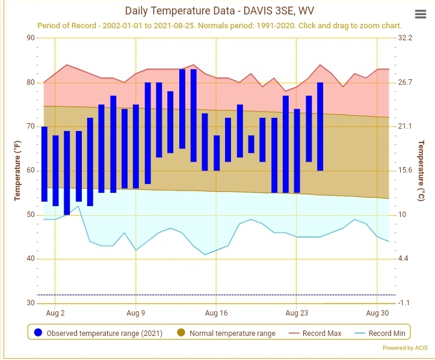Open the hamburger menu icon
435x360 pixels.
[421, 14]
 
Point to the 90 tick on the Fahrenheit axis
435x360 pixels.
[31, 38]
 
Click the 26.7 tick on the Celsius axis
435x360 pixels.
[405, 82]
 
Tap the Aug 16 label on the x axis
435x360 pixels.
[216, 313]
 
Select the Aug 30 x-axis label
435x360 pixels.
[377, 313]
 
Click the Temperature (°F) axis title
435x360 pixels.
[17, 171]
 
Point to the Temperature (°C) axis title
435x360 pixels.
[421, 171]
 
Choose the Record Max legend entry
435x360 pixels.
[315, 333]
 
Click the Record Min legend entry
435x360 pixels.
[380, 333]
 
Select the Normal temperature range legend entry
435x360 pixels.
[226, 333]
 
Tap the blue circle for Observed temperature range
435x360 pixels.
[38, 332]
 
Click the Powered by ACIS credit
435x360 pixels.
[405, 348]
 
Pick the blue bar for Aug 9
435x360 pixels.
[136, 146]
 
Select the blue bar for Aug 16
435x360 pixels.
[217, 153]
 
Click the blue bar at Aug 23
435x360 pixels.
[297, 151]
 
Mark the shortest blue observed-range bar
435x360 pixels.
[251, 144]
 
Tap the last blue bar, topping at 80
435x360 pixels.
[320, 126]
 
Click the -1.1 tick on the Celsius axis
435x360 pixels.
[404, 303]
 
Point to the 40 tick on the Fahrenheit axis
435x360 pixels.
[31, 259]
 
